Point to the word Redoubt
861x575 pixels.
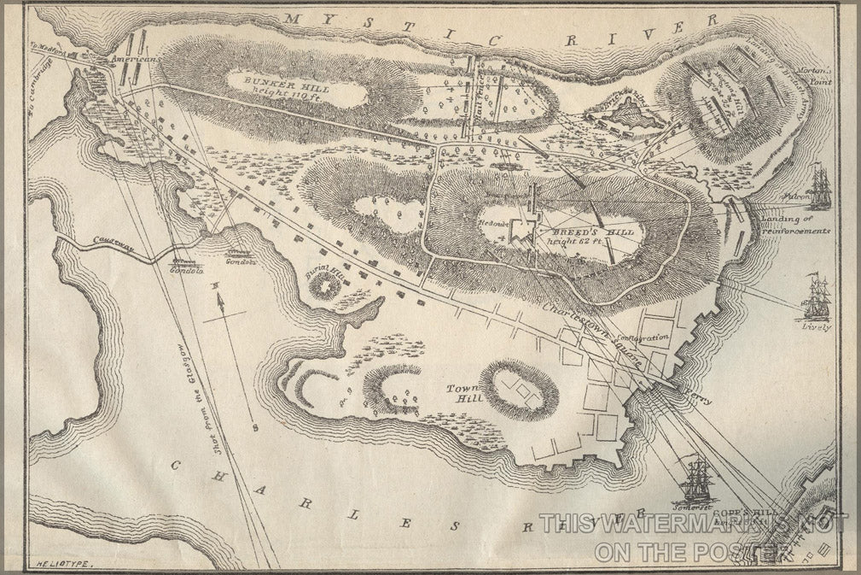tap(493, 223)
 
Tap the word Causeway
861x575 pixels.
tap(115, 245)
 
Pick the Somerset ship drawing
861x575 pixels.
tap(697, 480)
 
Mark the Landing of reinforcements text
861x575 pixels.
tap(794, 225)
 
